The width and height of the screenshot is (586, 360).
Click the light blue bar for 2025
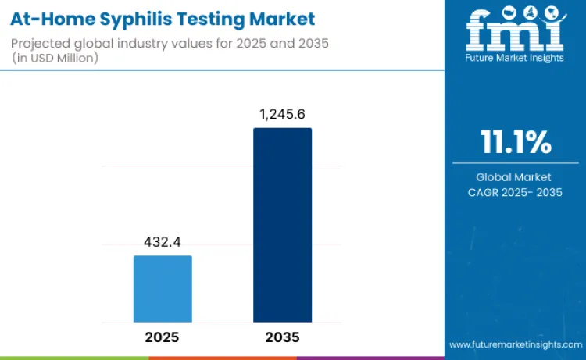(x=163, y=288)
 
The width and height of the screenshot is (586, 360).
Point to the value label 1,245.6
(x=282, y=115)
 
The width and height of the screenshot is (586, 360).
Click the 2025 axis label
(x=163, y=337)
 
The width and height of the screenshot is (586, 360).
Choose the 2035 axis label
(x=282, y=337)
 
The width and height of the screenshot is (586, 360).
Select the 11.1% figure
(x=515, y=144)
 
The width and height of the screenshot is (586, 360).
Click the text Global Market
(x=515, y=177)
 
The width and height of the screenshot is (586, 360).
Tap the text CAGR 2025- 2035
(x=515, y=192)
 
